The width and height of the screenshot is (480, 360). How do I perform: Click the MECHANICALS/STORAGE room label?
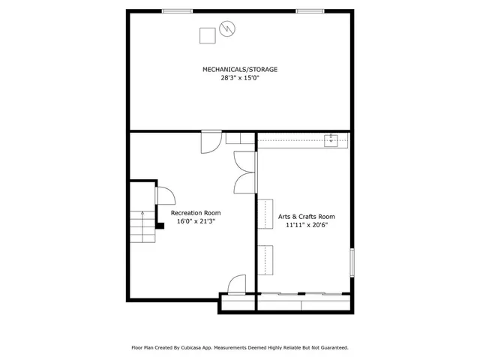point(240,69)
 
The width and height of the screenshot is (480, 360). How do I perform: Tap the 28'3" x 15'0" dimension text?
point(240,77)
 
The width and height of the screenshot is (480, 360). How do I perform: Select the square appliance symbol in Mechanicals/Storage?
point(207,35)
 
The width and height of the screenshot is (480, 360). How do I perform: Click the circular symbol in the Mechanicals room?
point(227,29)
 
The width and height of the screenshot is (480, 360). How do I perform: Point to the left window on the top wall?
point(175,10)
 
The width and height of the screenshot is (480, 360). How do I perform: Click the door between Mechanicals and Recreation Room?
point(211,141)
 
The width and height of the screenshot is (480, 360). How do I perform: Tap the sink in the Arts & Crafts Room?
point(331,139)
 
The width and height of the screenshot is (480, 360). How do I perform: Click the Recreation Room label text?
point(196,213)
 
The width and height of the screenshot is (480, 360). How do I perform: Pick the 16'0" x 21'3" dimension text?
point(196,222)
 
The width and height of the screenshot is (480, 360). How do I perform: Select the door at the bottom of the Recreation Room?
point(236,284)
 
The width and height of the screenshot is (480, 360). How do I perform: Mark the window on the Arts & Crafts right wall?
point(351,262)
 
